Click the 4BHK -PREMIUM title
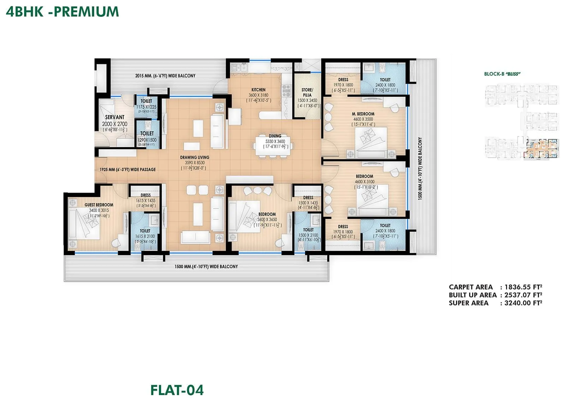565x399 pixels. pos(63,12)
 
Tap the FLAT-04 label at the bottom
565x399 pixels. pos(177,390)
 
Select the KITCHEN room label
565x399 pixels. pos(258,90)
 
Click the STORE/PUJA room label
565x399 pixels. pos(307,92)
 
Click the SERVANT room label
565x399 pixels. pos(114,117)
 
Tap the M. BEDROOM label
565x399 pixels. pos(363,114)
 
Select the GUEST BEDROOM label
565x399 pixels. pos(99,205)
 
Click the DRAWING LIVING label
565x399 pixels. pos(195,157)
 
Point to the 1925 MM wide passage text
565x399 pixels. pos(127,169)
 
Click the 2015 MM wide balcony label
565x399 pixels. pos(165,75)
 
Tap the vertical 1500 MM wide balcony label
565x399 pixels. pos(420,169)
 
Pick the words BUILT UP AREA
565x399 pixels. pos(472,295)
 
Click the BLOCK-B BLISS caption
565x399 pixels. pos(502,74)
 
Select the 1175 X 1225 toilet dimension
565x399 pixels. pos(146,107)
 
